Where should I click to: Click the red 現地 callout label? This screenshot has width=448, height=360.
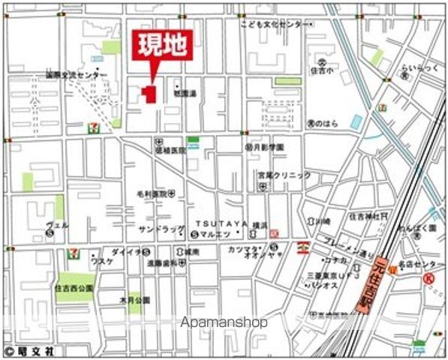(x=160, y=46)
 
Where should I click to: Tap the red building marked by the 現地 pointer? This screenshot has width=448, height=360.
(x=149, y=94)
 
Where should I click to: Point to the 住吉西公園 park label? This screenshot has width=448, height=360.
(x=74, y=288)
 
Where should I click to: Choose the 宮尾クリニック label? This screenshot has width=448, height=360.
(x=283, y=175)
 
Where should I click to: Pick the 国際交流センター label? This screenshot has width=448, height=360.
(x=76, y=75)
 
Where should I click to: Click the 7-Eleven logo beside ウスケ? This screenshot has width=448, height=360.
(x=74, y=253)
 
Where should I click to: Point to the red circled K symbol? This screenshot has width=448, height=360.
(x=429, y=278)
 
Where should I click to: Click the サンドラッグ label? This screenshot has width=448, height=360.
(x=155, y=228)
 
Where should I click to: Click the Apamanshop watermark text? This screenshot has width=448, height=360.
(x=224, y=322)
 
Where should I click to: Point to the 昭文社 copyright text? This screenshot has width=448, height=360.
(x=24, y=350)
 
